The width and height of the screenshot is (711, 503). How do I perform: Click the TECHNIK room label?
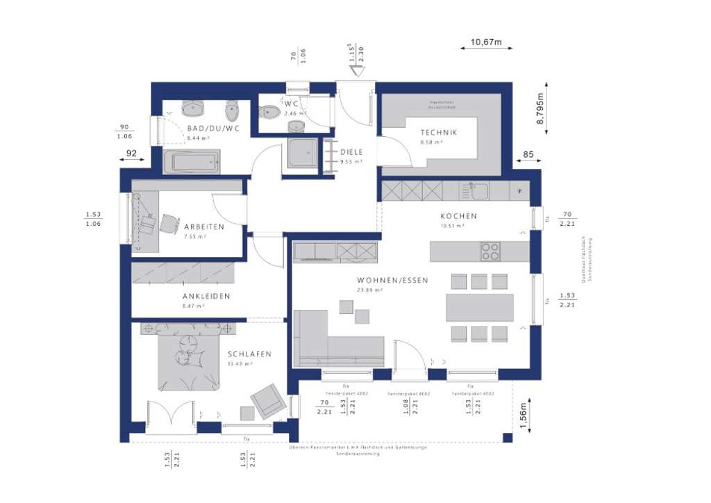point(438,133)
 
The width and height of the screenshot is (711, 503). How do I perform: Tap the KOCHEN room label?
point(458,216)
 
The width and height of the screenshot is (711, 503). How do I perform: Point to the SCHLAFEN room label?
point(249,354)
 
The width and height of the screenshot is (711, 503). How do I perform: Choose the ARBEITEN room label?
point(203,227)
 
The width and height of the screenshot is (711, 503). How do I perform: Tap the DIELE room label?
point(352,151)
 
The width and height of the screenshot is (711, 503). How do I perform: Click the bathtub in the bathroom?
point(192,163)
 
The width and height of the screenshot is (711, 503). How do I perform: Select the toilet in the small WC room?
point(269,111)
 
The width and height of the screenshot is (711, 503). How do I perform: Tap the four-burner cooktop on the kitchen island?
point(490,251)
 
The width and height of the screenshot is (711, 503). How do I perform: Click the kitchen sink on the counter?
point(478,190)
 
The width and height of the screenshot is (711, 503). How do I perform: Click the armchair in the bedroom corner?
point(267,401)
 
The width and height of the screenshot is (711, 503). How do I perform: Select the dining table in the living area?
point(479,307)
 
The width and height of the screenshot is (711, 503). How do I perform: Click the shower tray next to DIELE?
point(303,153)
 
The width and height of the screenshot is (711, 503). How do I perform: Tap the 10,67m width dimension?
point(486,42)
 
